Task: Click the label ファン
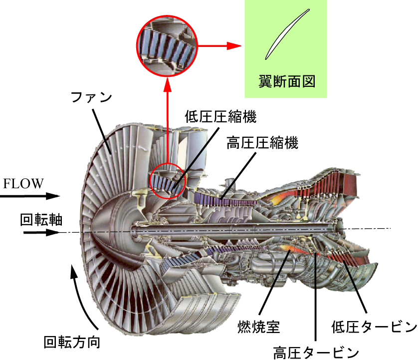pyautogui.click(x=91, y=97)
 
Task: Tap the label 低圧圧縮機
pyautogui.click(x=221, y=117)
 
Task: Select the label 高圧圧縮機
pyautogui.click(x=262, y=142)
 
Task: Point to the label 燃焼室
pyautogui.click(x=258, y=327)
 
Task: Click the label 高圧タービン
pyautogui.click(x=316, y=353)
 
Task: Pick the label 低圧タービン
pyautogui.click(x=374, y=327)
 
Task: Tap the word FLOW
pyautogui.click(x=23, y=184)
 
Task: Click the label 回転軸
pyautogui.click(x=41, y=220)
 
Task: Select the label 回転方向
pyautogui.click(x=72, y=342)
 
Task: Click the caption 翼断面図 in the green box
pyautogui.click(x=287, y=81)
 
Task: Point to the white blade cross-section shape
pyautogui.click(x=287, y=34)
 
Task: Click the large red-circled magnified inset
pyautogui.click(x=167, y=46)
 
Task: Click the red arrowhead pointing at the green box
pyautogui.click(x=234, y=45)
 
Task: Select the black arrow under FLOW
pyautogui.click(x=30, y=196)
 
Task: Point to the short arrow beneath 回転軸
pyautogui.click(x=41, y=233)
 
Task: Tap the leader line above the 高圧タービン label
pyautogui.click(x=316, y=297)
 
